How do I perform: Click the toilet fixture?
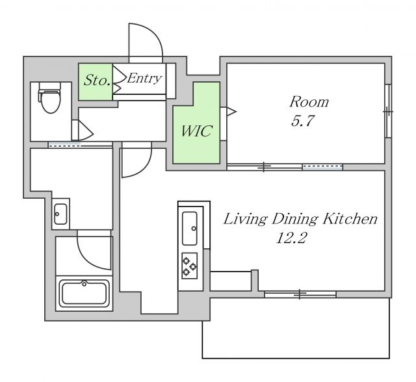point(49,97)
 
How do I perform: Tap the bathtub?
point(84,293)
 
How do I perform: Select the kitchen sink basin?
point(190,228)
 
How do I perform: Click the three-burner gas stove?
point(189,266)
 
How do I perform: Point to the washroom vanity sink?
point(60,214)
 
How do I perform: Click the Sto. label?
point(97,80)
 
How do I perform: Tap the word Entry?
point(144,78)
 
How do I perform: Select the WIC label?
point(196,131)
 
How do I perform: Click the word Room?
point(309,102)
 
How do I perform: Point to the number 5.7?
point(303,121)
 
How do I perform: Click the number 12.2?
point(291,238)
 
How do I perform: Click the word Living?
point(245,220)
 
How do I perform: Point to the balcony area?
point(296,328)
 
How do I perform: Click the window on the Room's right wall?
point(388,111)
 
